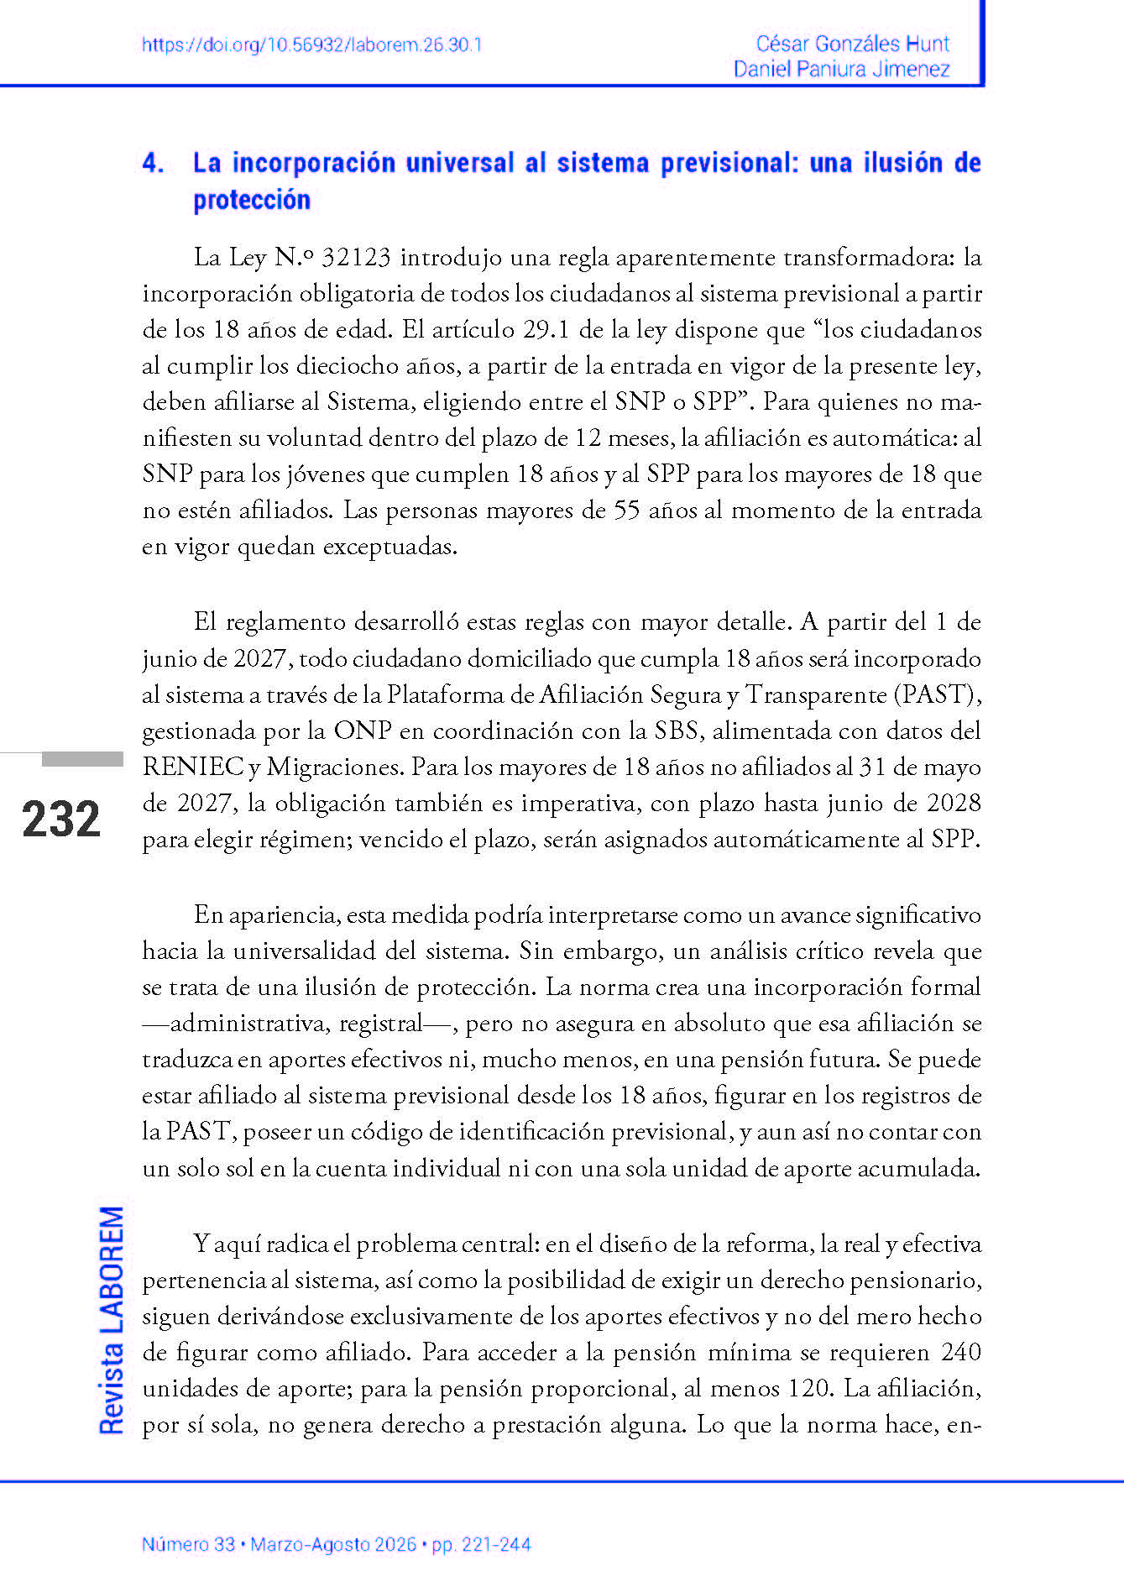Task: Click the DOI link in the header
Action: pyautogui.click(x=311, y=45)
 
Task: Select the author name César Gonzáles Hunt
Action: pyautogui.click(x=852, y=44)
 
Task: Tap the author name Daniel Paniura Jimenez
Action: pyautogui.click(x=841, y=69)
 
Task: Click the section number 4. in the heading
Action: pyautogui.click(x=153, y=163)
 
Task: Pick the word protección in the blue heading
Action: pyautogui.click(x=252, y=200)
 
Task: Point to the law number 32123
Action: pyautogui.click(x=356, y=257)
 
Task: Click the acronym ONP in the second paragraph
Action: pyautogui.click(x=362, y=731)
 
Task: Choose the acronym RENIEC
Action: pyautogui.click(x=191, y=767)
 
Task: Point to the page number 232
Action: pyautogui.click(x=61, y=819)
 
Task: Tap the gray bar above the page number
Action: pyautogui.click(x=82, y=759)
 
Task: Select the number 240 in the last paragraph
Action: pyautogui.click(x=960, y=1352)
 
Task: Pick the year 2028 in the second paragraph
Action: pyautogui.click(x=954, y=803)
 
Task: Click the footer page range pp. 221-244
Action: pyautogui.click(x=481, y=1544)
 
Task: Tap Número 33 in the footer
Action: pyautogui.click(x=188, y=1544)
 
